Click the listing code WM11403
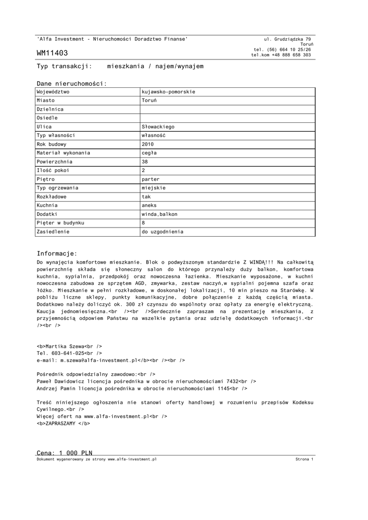tap(52, 53)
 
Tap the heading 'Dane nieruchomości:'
tap(72, 83)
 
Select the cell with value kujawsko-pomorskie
tap(169, 92)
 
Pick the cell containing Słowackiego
tap(158, 126)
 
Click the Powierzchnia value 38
tap(145, 161)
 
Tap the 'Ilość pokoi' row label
tap(53, 170)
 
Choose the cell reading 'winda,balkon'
tap(159, 214)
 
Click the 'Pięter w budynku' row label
tap(60, 223)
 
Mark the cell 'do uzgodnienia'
tap(162, 232)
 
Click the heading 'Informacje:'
tap(57, 253)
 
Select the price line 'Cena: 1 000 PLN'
tap(64, 452)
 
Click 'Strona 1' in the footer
tap(305, 459)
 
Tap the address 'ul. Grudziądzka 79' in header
tap(288, 39)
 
